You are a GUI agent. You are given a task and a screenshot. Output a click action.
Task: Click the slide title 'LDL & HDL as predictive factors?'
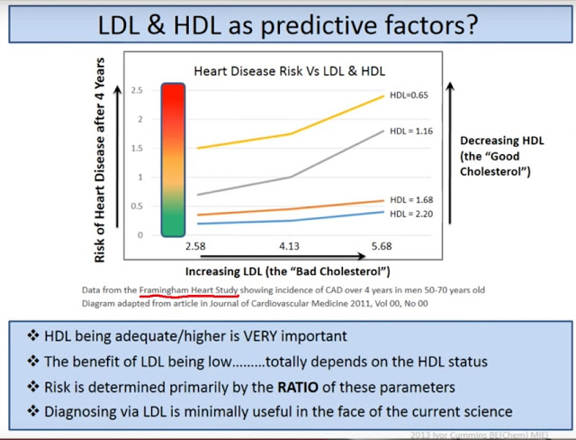(288, 24)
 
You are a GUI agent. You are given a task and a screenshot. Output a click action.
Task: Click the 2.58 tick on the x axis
(194, 245)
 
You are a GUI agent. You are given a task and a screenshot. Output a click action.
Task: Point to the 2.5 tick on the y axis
(137, 91)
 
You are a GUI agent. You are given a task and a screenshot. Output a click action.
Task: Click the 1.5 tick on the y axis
(137, 149)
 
